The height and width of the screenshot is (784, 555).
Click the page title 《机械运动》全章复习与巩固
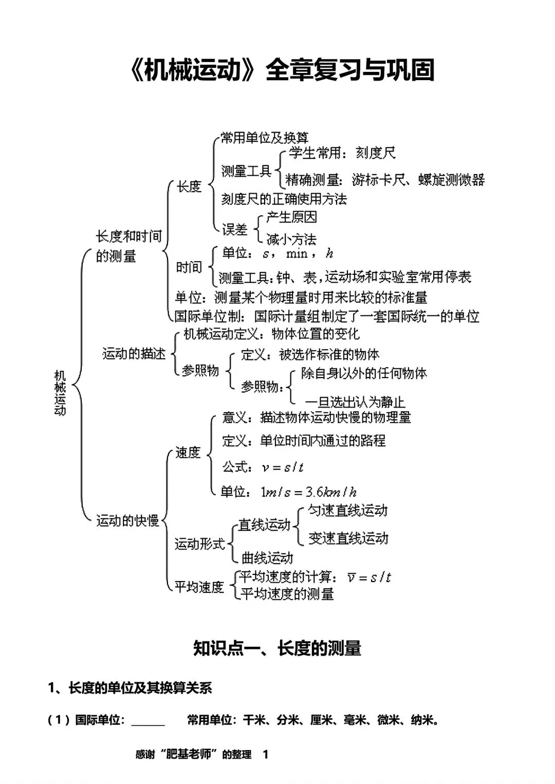pos(282,70)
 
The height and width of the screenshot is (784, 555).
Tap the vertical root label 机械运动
pos(60,393)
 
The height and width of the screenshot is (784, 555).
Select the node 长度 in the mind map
pos(189,186)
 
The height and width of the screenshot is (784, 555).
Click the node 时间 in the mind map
pos(189,267)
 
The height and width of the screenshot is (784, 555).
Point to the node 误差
pos(235,230)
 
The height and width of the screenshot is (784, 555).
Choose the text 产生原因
pos(292,217)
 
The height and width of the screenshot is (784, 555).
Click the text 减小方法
pos(291,240)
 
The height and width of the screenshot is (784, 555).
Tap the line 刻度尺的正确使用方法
pos(284,199)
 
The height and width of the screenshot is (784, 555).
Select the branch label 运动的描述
pos(134,353)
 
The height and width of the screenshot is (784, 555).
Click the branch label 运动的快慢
pos(127,520)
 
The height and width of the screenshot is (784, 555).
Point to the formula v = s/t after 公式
pos(283,467)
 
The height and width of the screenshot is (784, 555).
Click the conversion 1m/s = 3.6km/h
pos(308,493)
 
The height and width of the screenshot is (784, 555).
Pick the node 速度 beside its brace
pos(188,453)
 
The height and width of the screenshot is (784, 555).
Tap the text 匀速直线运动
pos(348,511)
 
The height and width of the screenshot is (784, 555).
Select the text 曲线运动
pos(267,558)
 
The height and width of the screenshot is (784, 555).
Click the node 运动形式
pos(199,544)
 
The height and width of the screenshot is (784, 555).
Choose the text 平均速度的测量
pos(287,594)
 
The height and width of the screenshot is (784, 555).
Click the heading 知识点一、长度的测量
pos(277,648)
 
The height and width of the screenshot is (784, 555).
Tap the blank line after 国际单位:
pos(148,725)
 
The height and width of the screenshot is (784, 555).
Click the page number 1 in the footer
pos(266,754)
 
